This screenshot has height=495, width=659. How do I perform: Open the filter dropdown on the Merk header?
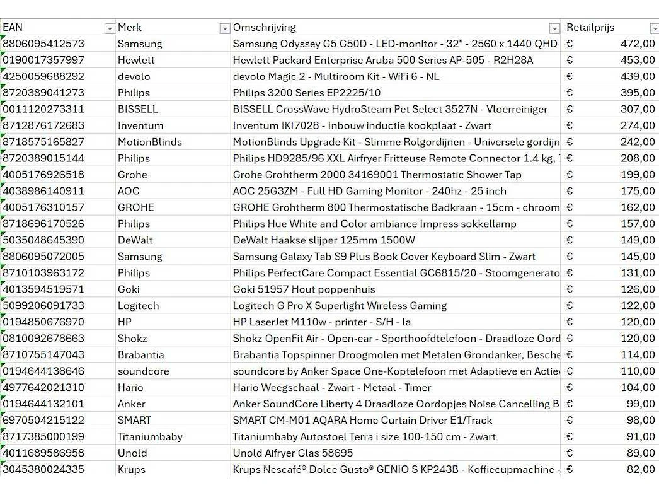point(224,28)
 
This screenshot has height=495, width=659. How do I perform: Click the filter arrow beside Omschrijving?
point(554,28)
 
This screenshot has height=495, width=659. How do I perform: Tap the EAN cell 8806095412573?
point(43,44)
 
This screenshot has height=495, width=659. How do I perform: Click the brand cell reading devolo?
point(134,77)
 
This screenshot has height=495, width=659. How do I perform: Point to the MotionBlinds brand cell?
point(149,143)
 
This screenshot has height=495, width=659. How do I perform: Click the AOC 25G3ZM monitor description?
point(369,191)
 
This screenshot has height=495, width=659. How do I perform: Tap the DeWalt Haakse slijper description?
point(324,240)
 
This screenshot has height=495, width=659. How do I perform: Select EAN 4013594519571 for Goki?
point(43,289)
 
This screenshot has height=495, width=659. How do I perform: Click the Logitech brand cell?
point(138,306)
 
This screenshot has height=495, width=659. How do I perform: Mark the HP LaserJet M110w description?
point(321,322)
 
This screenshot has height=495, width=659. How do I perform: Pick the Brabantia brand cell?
point(140,355)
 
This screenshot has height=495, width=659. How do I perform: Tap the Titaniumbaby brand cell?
point(150,437)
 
